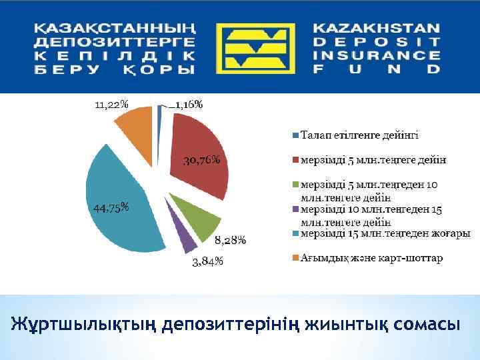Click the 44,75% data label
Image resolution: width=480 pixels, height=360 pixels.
pos(110,207)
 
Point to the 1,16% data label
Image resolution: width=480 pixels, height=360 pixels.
pos(189,104)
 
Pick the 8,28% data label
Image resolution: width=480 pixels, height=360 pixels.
pos(230,240)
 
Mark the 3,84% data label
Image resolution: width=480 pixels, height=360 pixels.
pos(207,261)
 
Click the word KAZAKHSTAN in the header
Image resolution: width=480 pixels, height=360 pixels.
pos(376,29)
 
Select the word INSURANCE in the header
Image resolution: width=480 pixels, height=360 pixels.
pos(376,55)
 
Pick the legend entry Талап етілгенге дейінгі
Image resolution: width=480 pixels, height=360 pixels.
pos(359,135)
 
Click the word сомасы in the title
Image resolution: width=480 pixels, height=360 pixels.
pos(426,325)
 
